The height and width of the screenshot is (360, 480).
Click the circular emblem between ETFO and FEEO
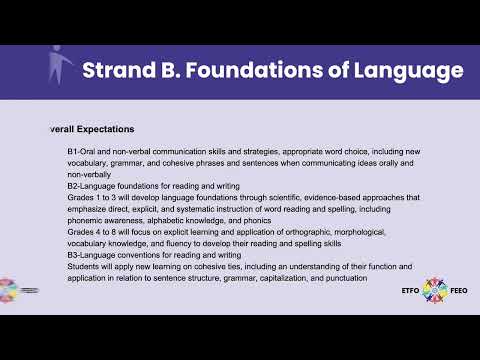(x=436, y=291)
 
